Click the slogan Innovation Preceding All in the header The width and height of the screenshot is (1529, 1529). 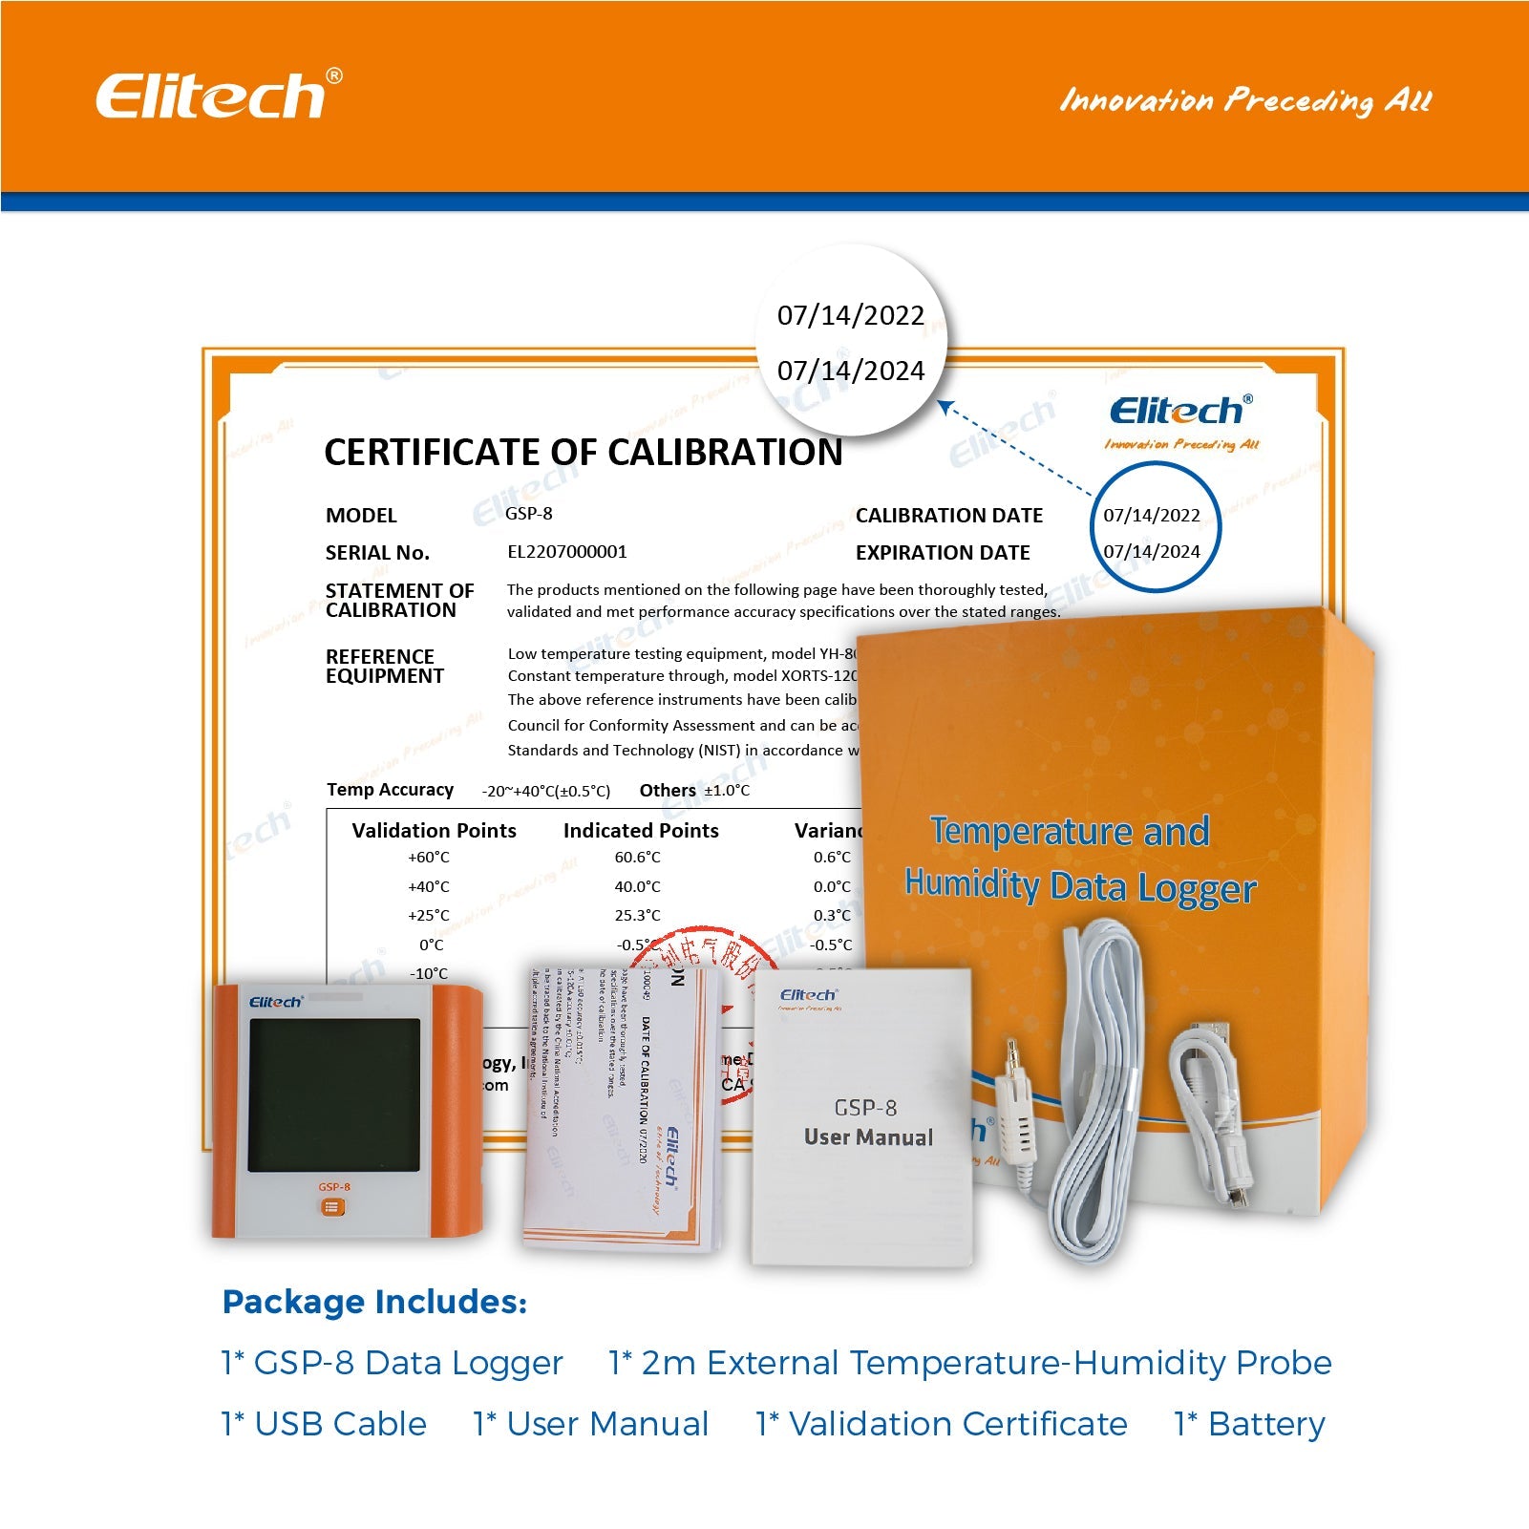(x=1244, y=99)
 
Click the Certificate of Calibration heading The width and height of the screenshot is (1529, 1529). (x=583, y=452)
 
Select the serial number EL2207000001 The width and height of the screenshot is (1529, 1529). (x=566, y=551)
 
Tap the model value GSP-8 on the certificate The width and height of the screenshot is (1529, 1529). (x=528, y=513)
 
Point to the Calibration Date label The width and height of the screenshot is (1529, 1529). (x=948, y=515)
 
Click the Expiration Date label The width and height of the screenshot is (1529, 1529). (x=942, y=552)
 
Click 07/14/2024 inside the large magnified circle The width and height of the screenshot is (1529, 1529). (x=850, y=371)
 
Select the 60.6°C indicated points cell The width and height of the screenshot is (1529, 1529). (x=637, y=857)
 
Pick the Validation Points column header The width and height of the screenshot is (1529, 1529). (x=434, y=830)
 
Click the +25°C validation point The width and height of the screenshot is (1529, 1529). (x=428, y=915)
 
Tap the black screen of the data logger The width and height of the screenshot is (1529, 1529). (x=333, y=1094)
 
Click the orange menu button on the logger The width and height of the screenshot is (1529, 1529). (x=332, y=1207)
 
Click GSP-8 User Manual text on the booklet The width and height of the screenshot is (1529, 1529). (x=867, y=1123)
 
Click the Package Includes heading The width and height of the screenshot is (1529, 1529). (x=374, y=1302)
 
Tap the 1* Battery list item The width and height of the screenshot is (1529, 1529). (x=1249, y=1423)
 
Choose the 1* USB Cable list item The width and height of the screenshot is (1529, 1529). (x=324, y=1423)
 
